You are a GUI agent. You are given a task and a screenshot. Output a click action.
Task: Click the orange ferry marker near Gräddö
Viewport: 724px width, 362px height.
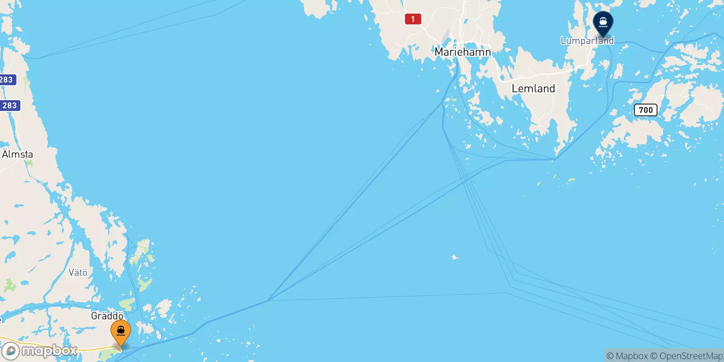click(x=121, y=333)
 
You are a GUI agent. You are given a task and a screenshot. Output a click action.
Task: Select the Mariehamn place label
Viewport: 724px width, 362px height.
click(x=462, y=52)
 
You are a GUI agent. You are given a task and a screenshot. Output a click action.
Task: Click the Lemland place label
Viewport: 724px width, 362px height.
click(x=533, y=89)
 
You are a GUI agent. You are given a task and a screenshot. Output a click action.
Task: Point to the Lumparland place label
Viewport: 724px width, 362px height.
click(x=587, y=41)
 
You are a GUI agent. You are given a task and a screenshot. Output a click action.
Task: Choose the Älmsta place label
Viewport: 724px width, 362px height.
click(x=18, y=154)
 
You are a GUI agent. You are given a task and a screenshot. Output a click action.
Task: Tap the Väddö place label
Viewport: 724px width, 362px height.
click(x=78, y=272)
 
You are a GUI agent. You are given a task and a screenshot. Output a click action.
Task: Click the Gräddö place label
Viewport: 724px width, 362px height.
click(x=107, y=316)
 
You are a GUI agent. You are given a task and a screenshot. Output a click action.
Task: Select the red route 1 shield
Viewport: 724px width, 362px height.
click(x=413, y=19)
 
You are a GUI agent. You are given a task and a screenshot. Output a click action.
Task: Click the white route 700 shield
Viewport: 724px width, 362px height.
click(x=645, y=110)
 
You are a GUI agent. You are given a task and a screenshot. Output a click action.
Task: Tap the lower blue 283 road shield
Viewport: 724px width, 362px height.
click(x=10, y=105)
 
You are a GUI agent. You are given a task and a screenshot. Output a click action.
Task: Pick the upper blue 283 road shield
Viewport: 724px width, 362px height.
click(x=7, y=80)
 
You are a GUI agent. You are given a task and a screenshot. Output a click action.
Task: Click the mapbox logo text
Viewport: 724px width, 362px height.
click(x=49, y=351)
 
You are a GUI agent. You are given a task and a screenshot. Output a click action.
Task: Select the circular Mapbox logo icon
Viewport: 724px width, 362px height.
click(x=10, y=351)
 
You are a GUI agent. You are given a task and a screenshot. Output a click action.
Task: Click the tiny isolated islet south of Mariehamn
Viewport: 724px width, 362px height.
click(x=455, y=257)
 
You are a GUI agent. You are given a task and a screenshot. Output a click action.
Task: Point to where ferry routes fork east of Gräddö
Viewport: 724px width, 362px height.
click(x=268, y=300)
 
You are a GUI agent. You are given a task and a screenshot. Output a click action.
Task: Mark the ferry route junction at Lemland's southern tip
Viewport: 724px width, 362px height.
click(x=556, y=158)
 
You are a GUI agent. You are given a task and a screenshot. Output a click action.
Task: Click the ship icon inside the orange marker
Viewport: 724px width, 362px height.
click(x=121, y=330)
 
